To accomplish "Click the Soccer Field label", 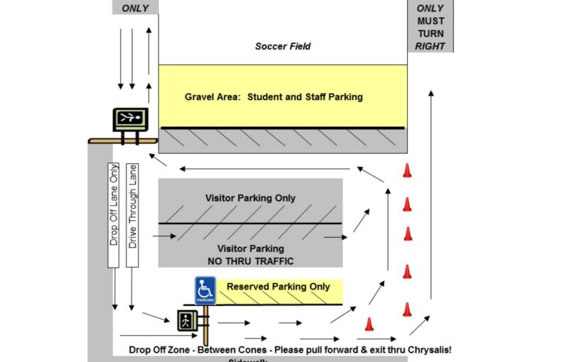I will (283, 47).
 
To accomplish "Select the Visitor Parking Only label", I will (250, 198).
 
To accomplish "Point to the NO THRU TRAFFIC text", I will (250, 261).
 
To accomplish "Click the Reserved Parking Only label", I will (278, 287).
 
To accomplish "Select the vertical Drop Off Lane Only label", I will (114, 214).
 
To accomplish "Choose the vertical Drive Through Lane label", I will (132, 214).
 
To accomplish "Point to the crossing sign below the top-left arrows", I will (130, 119).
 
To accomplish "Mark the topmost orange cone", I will (407, 170).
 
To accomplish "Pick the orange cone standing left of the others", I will (369, 324).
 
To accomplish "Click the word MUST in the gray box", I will (430, 21).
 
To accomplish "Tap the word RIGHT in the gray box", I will (430, 46).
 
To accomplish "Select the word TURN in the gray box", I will (430, 33).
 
